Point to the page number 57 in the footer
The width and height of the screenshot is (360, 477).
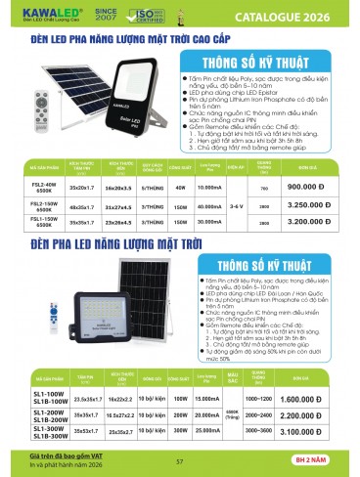(x=180, y=462)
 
